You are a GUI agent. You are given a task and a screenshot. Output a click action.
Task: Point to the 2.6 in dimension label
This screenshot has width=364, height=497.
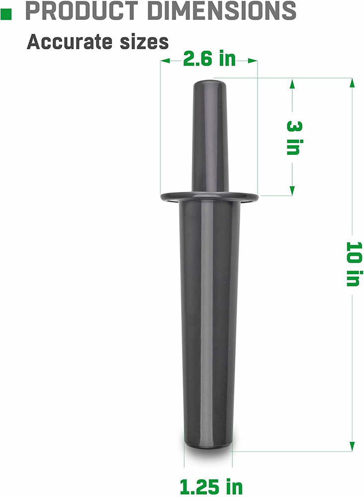tap(209, 59)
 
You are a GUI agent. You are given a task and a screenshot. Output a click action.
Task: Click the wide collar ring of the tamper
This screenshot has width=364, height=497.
tap(209, 197)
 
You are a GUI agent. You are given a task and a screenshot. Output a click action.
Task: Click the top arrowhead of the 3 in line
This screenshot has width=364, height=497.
tap(292, 84)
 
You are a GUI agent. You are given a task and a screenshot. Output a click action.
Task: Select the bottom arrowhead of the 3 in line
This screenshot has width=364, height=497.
tap(292, 191)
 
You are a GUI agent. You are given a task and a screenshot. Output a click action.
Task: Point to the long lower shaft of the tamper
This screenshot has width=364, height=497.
tap(209, 323)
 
